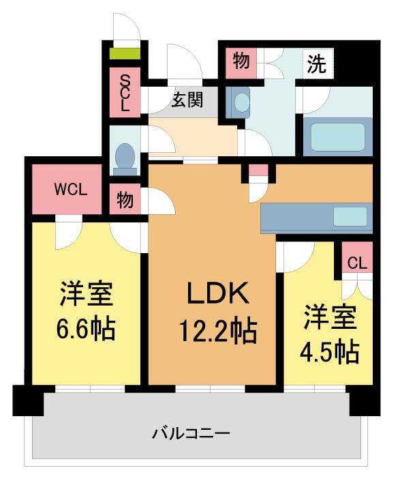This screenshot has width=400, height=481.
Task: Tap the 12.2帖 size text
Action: click(x=217, y=331)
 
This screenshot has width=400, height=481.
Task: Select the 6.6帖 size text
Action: click(x=86, y=328)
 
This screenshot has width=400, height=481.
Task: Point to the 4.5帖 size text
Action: click(x=329, y=352)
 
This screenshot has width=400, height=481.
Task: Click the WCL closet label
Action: click(x=71, y=190)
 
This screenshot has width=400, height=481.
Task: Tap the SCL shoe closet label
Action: click(x=124, y=93)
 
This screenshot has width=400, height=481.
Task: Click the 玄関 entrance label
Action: click(x=187, y=100)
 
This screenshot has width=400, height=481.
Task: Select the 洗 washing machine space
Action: click(x=317, y=64)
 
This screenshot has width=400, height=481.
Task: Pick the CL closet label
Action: click(x=357, y=263)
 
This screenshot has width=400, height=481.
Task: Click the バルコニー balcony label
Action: click(x=191, y=433)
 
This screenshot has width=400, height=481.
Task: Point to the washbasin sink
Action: click(x=238, y=102)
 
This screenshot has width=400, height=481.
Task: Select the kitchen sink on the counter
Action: click(x=350, y=216)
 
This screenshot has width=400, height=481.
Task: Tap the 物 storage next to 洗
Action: click(x=241, y=62)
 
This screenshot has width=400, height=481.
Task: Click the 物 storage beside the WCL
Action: click(x=125, y=199)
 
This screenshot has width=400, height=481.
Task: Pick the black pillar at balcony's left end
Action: click(x=28, y=400)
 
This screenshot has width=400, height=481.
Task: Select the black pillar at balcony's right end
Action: click(x=365, y=400)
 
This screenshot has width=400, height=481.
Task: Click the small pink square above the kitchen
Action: click(x=258, y=170)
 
